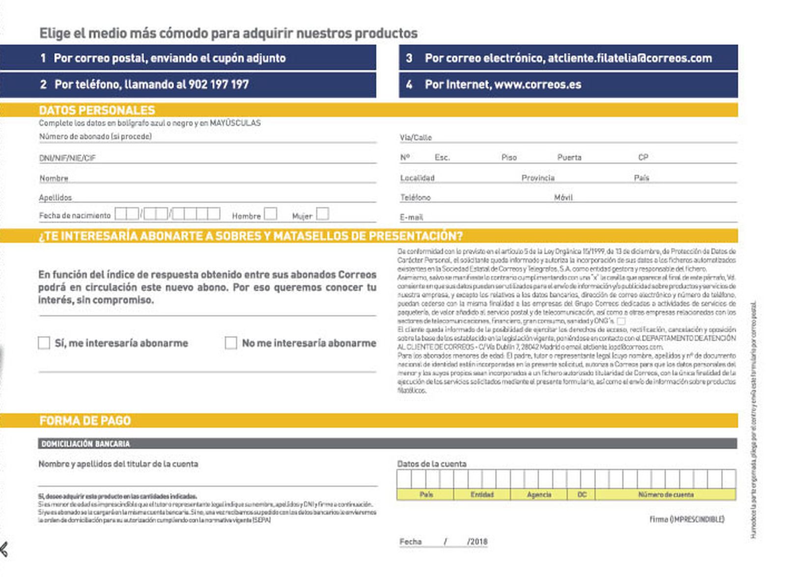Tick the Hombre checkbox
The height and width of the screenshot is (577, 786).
[x=270, y=214]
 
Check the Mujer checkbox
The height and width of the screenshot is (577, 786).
[x=322, y=214]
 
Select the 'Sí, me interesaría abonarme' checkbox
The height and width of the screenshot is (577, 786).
[x=44, y=343]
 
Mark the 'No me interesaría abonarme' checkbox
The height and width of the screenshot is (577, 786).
[x=231, y=343]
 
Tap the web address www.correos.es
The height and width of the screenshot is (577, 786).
[x=537, y=85]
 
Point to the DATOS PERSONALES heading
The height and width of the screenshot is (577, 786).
[x=97, y=110]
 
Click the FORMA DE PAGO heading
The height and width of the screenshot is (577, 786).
[x=85, y=421]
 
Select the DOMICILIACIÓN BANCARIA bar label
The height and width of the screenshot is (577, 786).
[x=85, y=444]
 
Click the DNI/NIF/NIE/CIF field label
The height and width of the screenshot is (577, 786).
[x=67, y=158]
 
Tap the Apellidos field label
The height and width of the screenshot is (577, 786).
[x=55, y=198]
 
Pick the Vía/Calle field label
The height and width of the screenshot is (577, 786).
[x=416, y=138]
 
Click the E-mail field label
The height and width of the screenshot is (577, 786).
[x=411, y=217]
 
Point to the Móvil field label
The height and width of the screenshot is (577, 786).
[x=563, y=198]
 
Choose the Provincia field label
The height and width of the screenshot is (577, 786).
[x=538, y=178]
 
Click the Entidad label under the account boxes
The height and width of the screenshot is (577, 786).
[x=482, y=494]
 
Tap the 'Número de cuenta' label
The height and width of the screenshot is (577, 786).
[x=666, y=494]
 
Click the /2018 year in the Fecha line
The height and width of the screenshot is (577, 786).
[x=477, y=542]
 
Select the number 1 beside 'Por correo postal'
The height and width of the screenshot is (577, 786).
[x=43, y=58]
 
